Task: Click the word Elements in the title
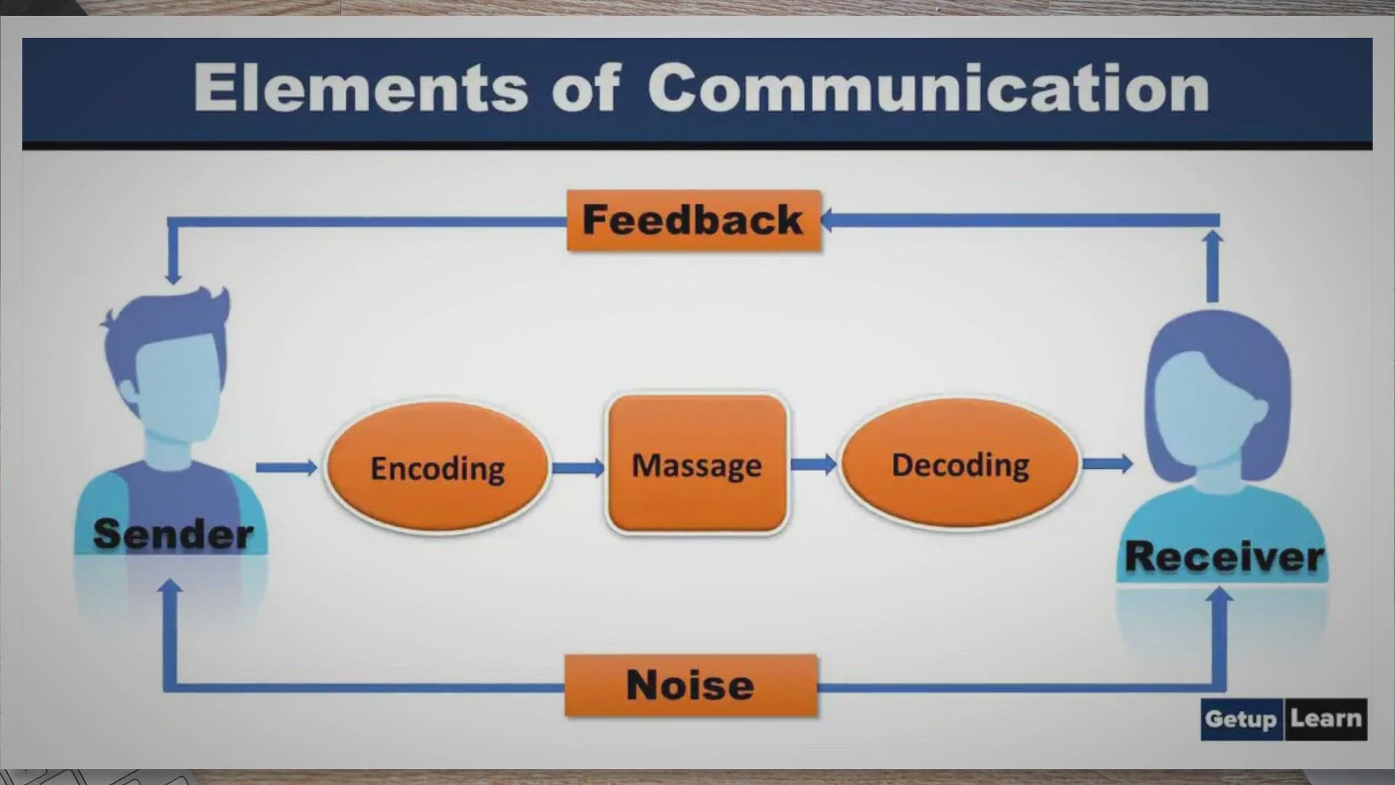click(x=360, y=88)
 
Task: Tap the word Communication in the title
click(x=929, y=88)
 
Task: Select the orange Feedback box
click(x=694, y=220)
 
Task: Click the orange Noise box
click(x=691, y=685)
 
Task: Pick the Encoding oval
click(x=437, y=467)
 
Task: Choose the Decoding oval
click(x=960, y=464)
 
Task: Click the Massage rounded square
click(x=697, y=464)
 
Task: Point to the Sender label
click(x=174, y=534)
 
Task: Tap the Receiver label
click(x=1224, y=557)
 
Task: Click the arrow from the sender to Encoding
click(x=286, y=467)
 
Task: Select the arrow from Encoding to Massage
click(x=578, y=467)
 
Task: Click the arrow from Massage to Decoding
click(x=814, y=464)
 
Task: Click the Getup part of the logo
click(x=1241, y=719)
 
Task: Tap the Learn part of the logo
click(x=1326, y=719)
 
